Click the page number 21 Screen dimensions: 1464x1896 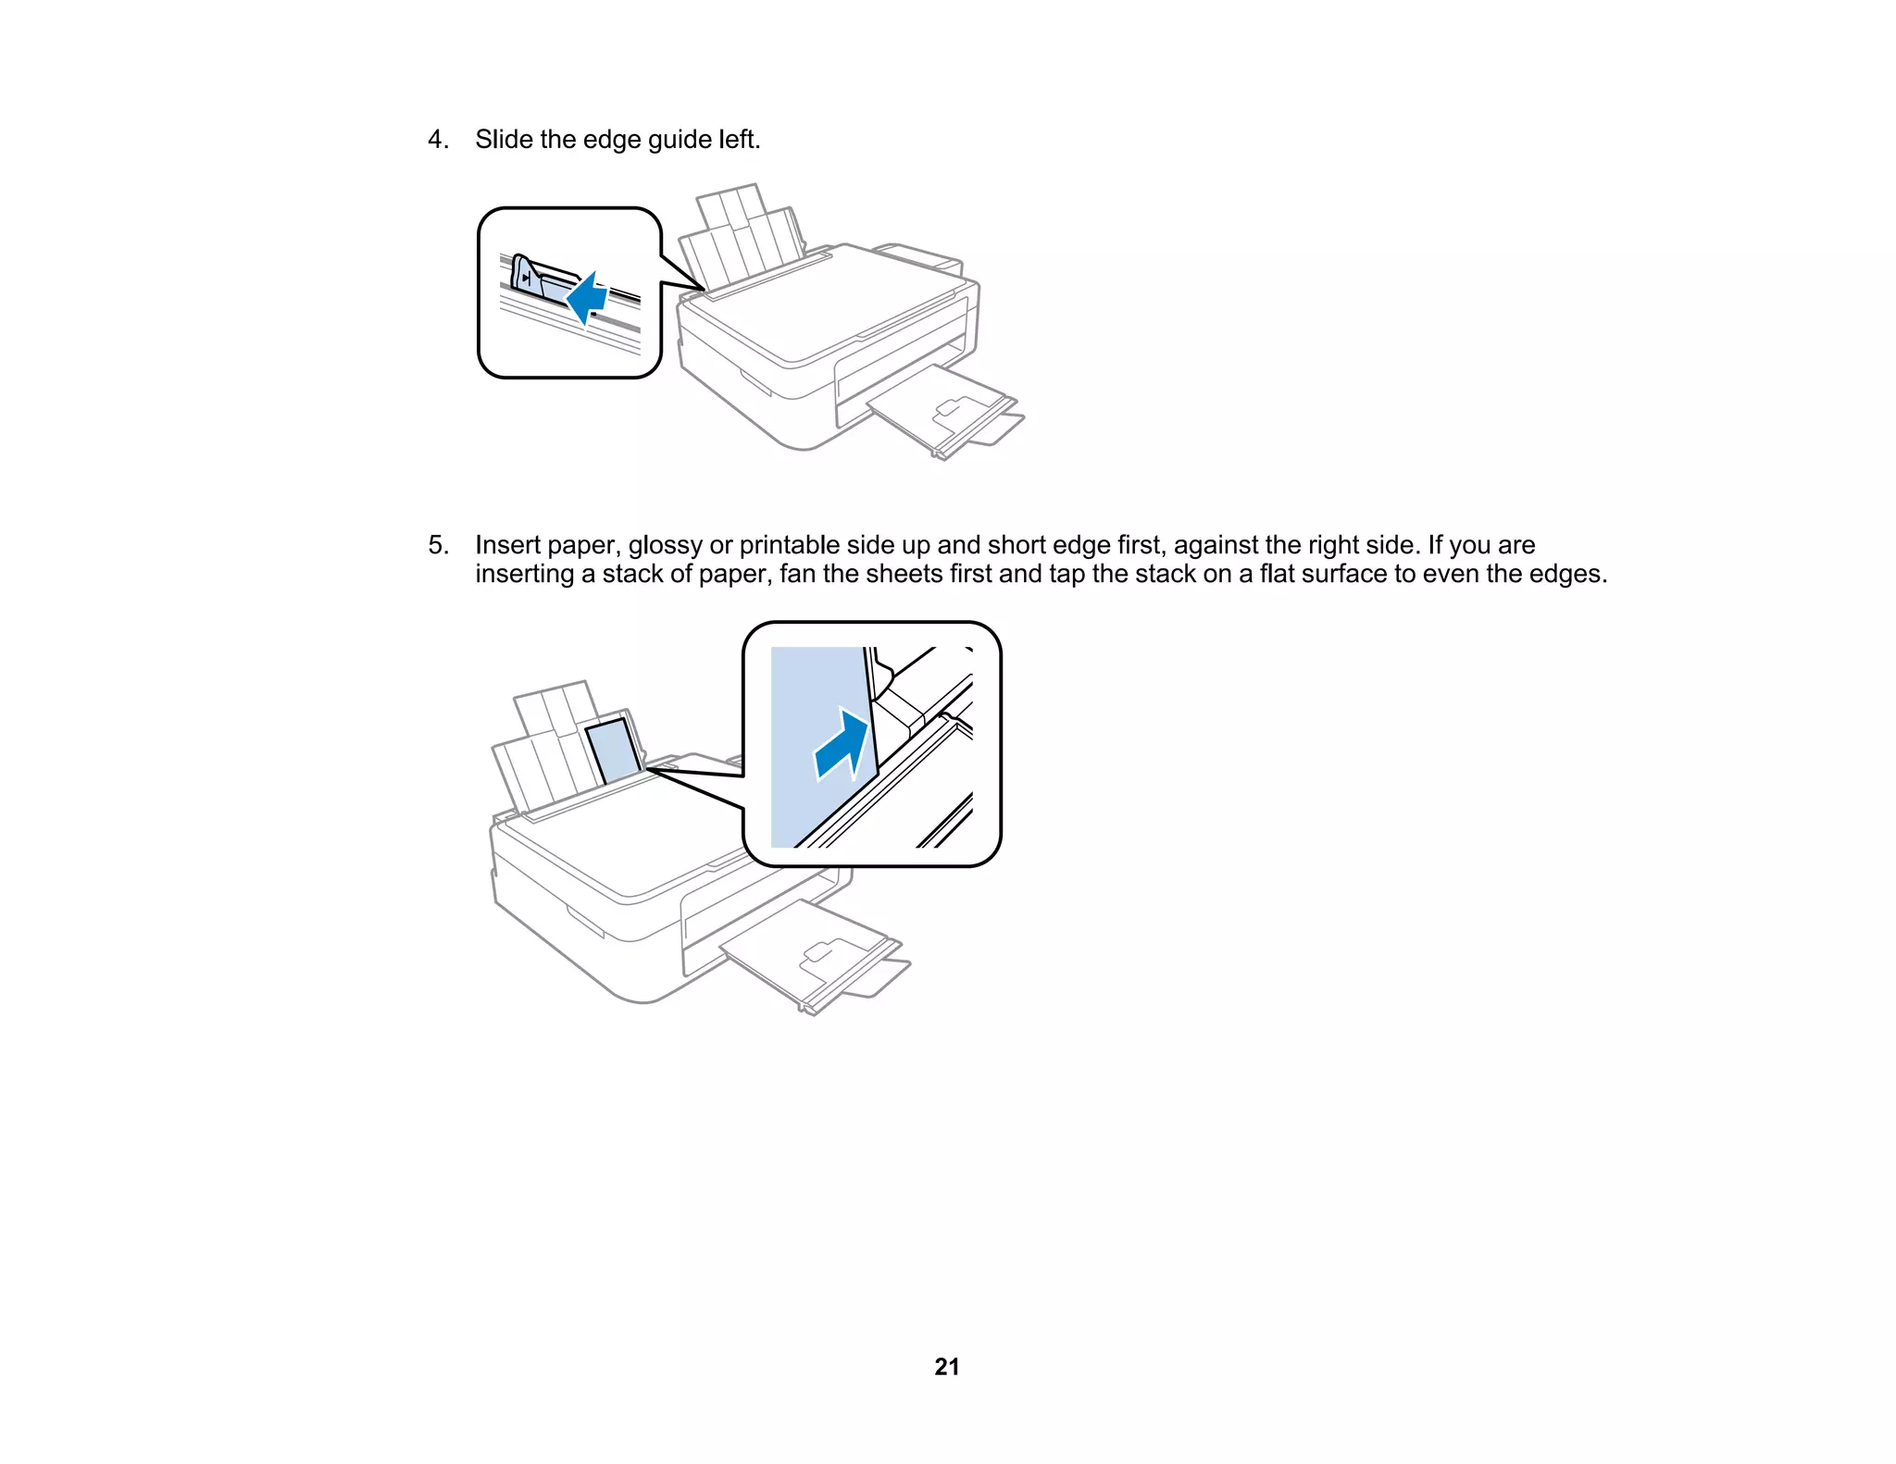pos(947,1367)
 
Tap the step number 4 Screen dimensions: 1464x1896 pos(437,140)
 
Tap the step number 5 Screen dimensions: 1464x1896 pos(437,545)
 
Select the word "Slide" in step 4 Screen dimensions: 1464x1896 pos(504,140)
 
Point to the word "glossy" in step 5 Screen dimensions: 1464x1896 pos(665,546)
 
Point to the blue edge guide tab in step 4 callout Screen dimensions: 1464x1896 pos(524,277)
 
